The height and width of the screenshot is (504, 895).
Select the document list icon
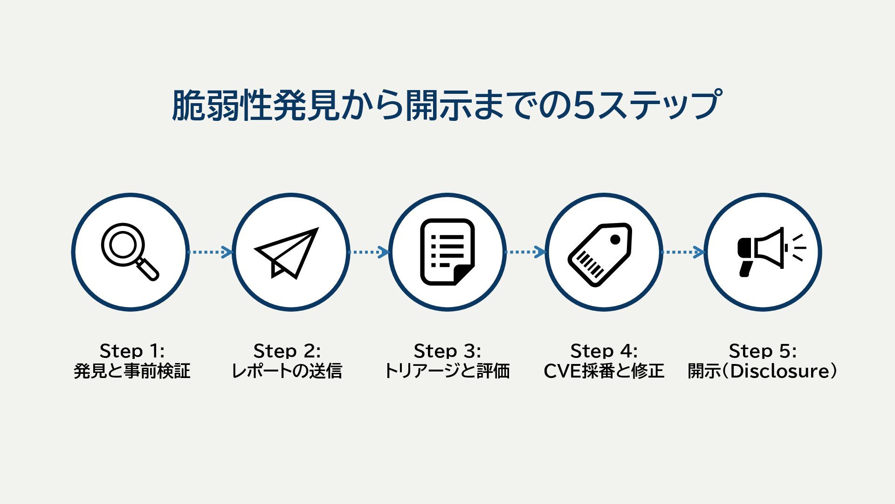[x=447, y=252]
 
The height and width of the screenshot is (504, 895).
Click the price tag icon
[x=601, y=254]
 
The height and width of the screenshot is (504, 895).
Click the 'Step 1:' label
[x=132, y=350]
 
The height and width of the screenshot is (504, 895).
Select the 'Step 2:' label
[x=287, y=350]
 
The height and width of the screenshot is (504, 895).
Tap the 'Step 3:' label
[x=447, y=350]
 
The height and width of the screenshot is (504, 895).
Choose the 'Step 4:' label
[x=604, y=350]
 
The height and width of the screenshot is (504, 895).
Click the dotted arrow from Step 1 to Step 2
[x=210, y=252]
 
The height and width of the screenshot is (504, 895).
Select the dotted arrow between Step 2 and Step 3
[x=369, y=252]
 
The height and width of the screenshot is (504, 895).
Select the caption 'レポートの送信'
[x=287, y=371]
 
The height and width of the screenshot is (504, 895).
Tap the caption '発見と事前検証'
[x=132, y=371]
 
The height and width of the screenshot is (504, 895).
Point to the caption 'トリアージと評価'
[x=447, y=371]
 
